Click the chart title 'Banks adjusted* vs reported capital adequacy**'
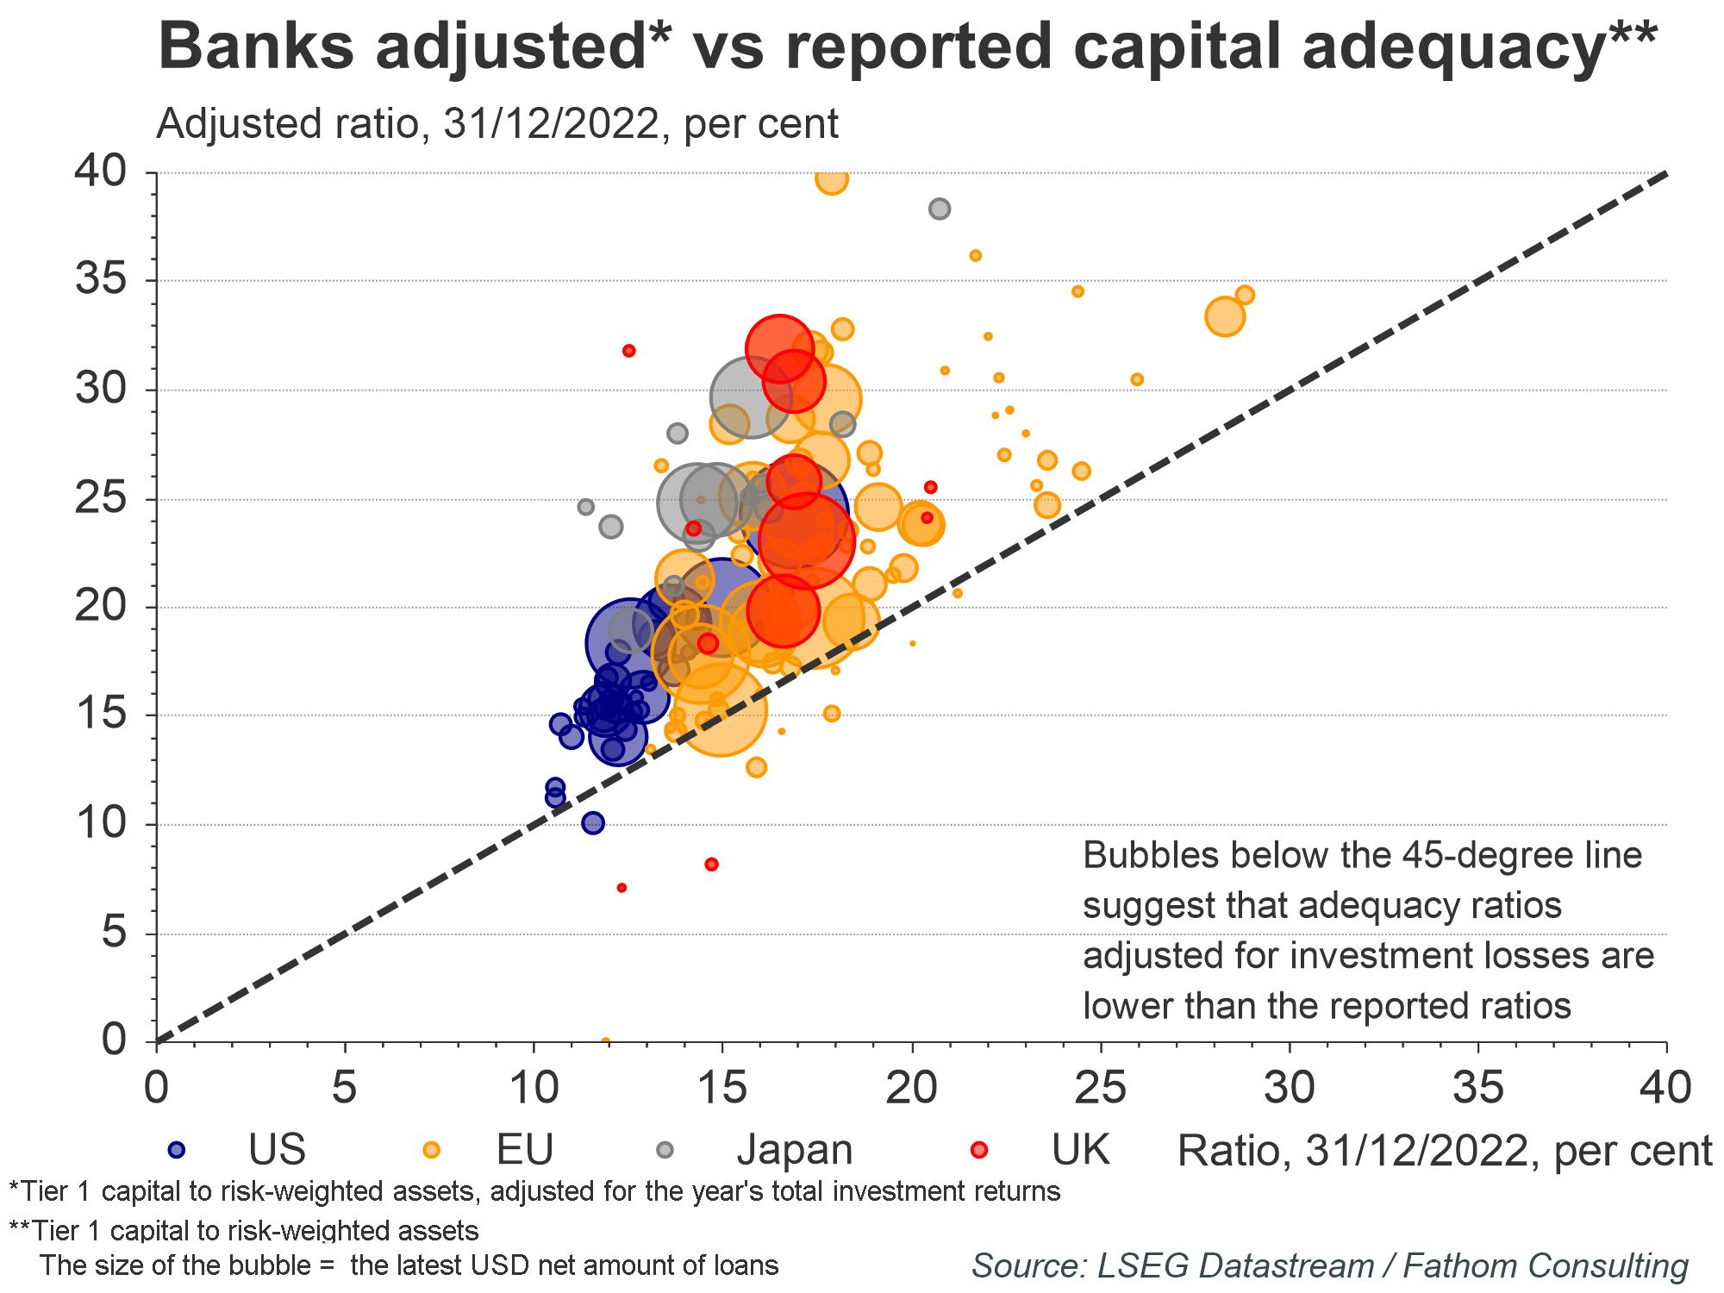[908, 47]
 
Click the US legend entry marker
[178, 1149]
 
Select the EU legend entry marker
[431, 1149]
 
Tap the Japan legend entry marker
[665, 1149]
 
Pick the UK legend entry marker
[979, 1149]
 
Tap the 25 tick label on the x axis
[1101, 1088]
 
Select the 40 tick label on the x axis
[1665, 1088]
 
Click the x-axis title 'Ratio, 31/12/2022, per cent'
[1444, 1151]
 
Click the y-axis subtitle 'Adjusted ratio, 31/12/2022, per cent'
[497, 124]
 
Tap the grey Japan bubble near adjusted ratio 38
[940, 209]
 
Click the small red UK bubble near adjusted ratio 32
[629, 351]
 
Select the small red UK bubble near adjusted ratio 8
[711, 864]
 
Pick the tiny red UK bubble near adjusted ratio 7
[622, 888]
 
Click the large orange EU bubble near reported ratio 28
[1224, 316]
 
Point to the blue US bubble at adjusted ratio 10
[593, 822]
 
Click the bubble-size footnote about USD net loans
[409, 1265]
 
